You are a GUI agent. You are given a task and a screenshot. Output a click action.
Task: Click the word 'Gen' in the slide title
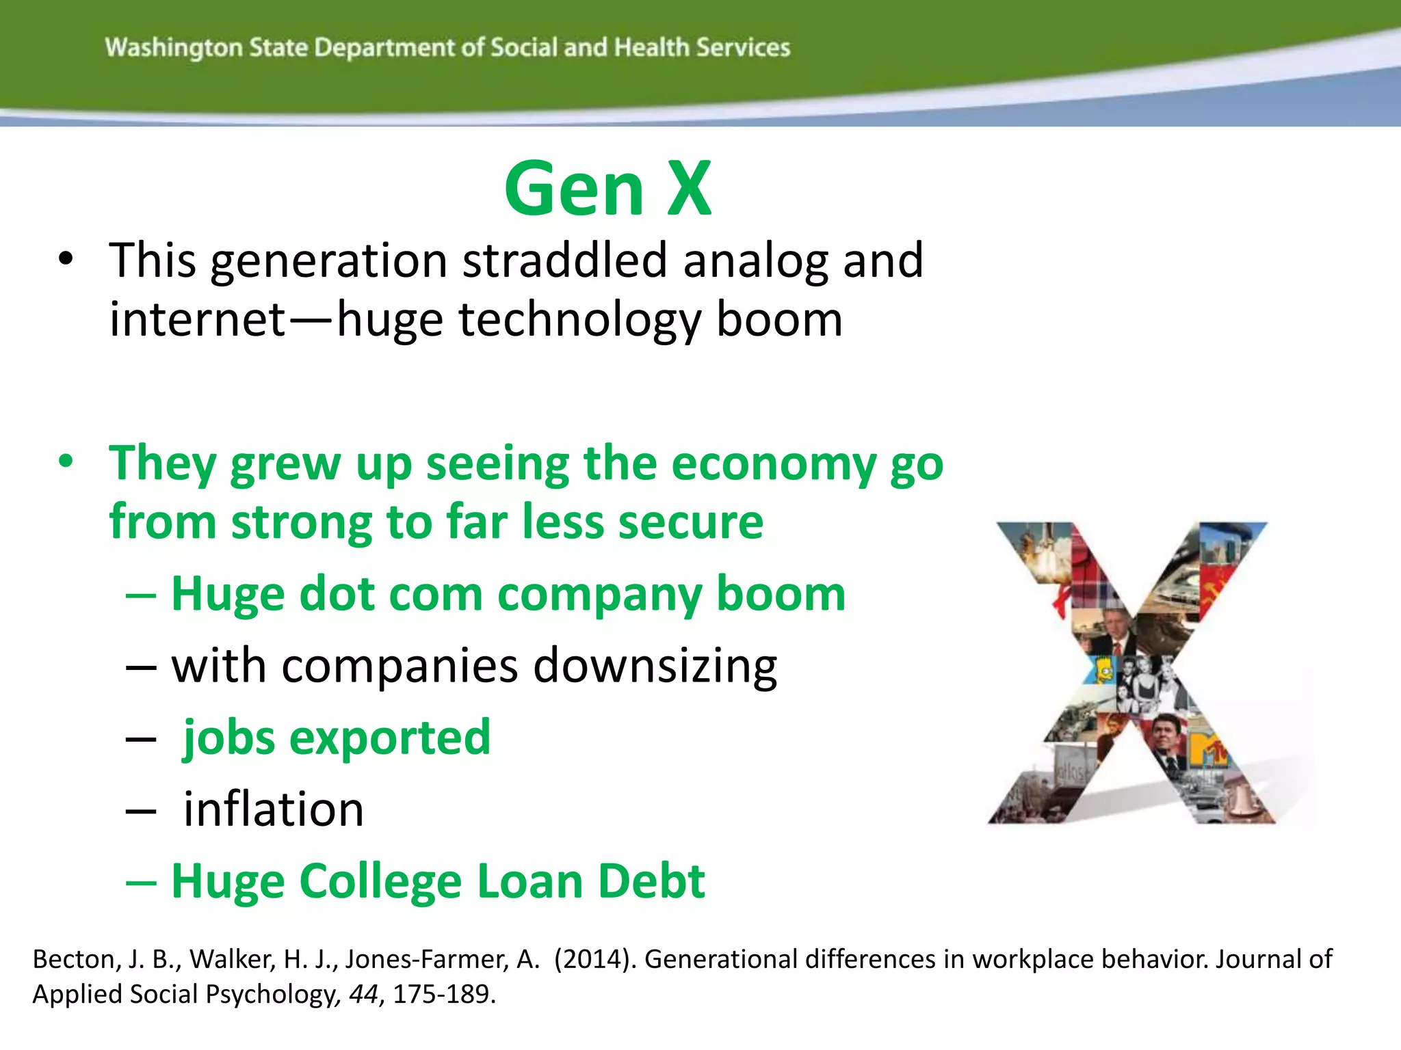click(574, 189)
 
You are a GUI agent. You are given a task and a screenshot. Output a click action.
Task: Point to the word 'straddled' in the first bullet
click(564, 260)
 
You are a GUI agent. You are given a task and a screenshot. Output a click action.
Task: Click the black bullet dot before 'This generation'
click(66, 259)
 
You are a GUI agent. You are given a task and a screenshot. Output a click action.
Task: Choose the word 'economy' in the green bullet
click(774, 466)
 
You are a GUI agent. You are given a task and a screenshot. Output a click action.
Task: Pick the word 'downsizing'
click(655, 667)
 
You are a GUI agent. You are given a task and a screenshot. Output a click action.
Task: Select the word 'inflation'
click(274, 809)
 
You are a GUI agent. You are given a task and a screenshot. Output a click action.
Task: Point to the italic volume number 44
click(363, 994)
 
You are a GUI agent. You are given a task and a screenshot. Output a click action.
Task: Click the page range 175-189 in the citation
click(443, 994)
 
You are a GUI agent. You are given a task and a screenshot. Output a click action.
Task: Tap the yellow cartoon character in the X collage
click(1103, 670)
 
